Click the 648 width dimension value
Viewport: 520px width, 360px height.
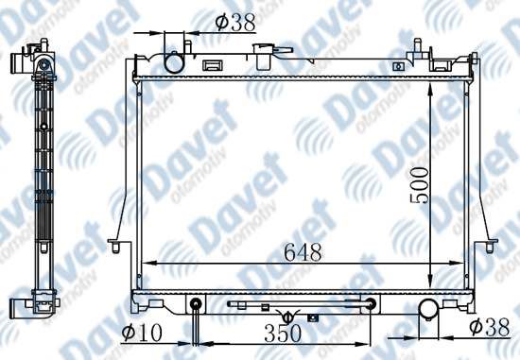pyautogui.click(x=303, y=252)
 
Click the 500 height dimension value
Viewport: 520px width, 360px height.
pyautogui.click(x=419, y=185)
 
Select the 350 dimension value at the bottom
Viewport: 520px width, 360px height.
pyautogui.click(x=283, y=334)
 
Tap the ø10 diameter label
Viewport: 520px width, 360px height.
pyautogui.click(x=142, y=333)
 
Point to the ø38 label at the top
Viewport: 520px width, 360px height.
pyautogui.click(x=235, y=23)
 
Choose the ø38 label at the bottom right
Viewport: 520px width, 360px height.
pyautogui.click(x=490, y=327)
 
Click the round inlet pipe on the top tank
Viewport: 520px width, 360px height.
pyautogui.click(x=174, y=62)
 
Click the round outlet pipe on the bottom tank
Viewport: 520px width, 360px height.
pyautogui.click(x=429, y=309)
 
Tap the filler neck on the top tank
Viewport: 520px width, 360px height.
pyautogui.click(x=264, y=57)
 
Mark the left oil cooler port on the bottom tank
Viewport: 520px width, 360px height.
pyautogui.click(x=196, y=303)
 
